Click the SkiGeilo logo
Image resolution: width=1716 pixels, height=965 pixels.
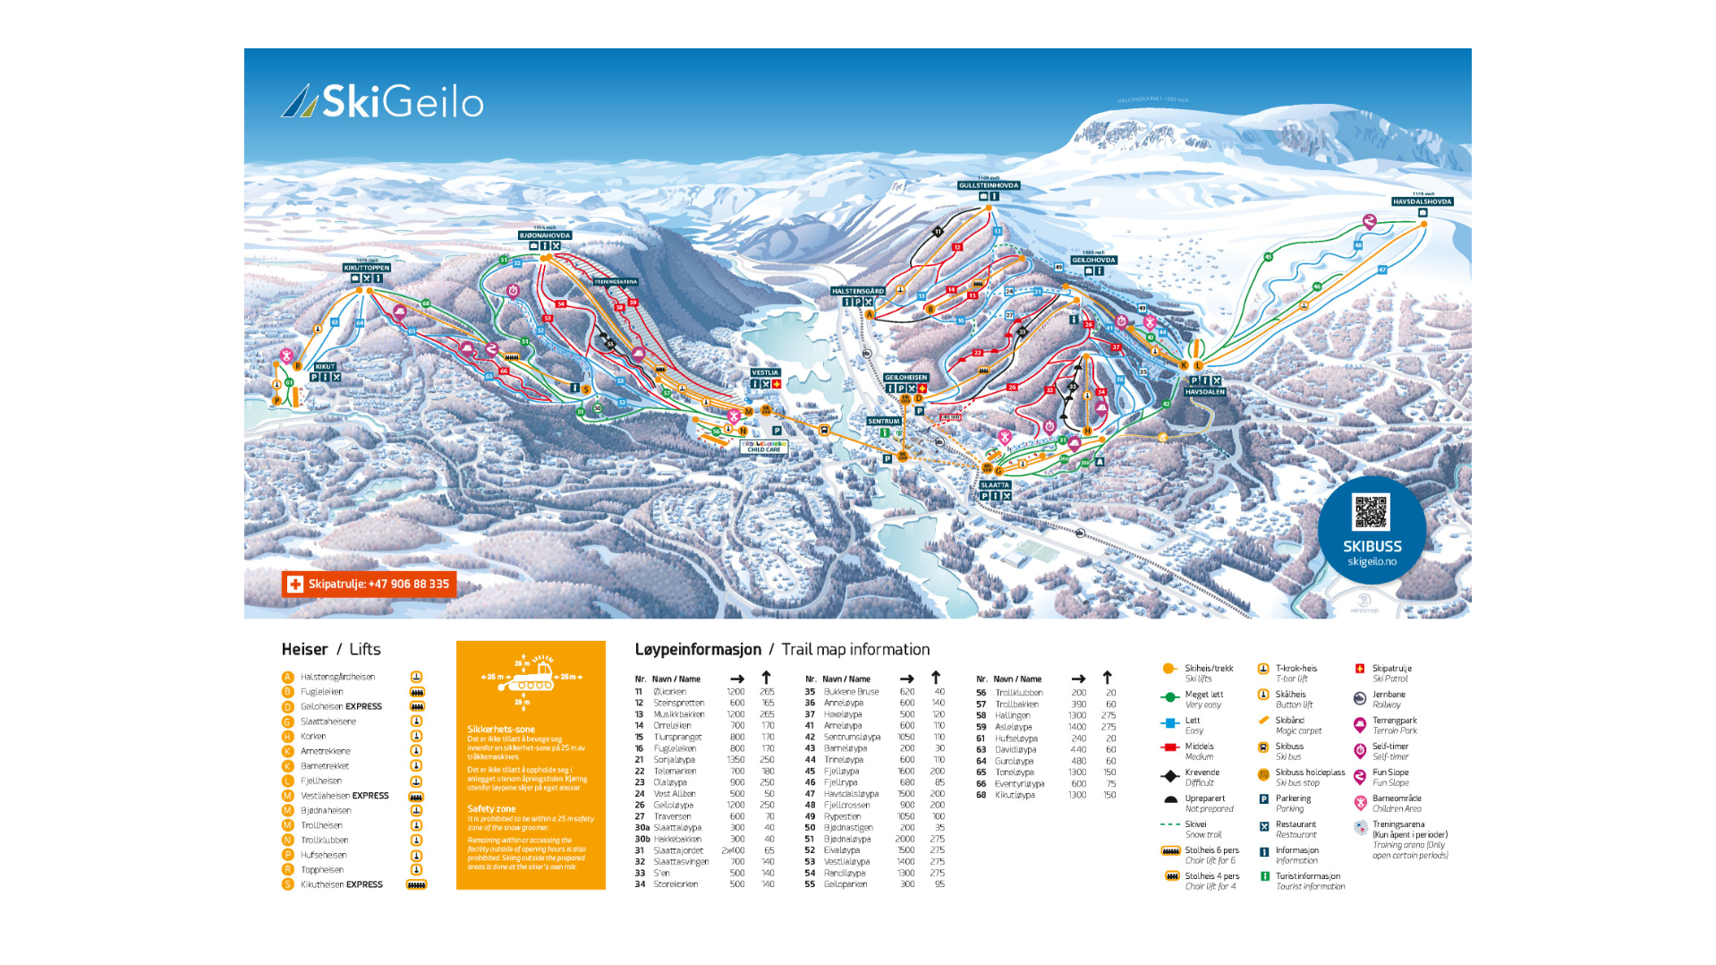click(383, 102)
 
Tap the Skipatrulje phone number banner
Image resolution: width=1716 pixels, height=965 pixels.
click(369, 585)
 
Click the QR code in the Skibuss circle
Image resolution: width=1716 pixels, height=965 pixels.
click(1371, 513)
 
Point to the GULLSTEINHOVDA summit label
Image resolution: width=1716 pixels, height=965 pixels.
click(989, 186)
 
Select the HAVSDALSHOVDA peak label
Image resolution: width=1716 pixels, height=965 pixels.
click(1422, 202)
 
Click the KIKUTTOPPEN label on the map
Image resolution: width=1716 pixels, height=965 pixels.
click(367, 268)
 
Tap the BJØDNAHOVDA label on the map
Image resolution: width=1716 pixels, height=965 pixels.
click(545, 235)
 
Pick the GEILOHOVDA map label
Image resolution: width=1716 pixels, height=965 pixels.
click(1093, 260)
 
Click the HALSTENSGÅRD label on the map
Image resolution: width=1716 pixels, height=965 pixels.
click(857, 291)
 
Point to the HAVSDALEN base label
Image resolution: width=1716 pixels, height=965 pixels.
click(1205, 392)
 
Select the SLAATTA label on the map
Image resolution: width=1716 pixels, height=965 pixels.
click(995, 485)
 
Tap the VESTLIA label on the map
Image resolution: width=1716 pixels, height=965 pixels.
click(765, 372)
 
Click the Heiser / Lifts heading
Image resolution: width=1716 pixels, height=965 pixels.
click(331, 650)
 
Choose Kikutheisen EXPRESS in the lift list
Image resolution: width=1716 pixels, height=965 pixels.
click(341, 884)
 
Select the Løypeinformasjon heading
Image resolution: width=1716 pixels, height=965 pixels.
click(698, 650)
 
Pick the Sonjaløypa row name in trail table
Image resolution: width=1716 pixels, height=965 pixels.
click(674, 760)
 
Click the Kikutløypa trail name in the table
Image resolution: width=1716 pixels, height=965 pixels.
click(1015, 795)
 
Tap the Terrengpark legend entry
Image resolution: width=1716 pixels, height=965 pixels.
click(1394, 721)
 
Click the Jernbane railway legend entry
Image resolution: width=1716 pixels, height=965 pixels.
click(1389, 695)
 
